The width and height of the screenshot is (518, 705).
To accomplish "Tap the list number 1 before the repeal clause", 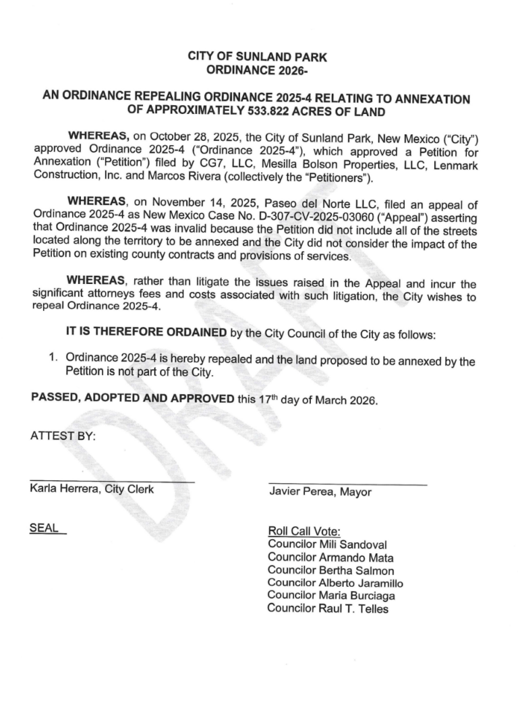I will tap(51, 360).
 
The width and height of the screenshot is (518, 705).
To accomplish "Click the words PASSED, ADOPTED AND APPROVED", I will tap(133, 398).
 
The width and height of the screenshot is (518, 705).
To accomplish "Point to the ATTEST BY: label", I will tap(63, 436).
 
